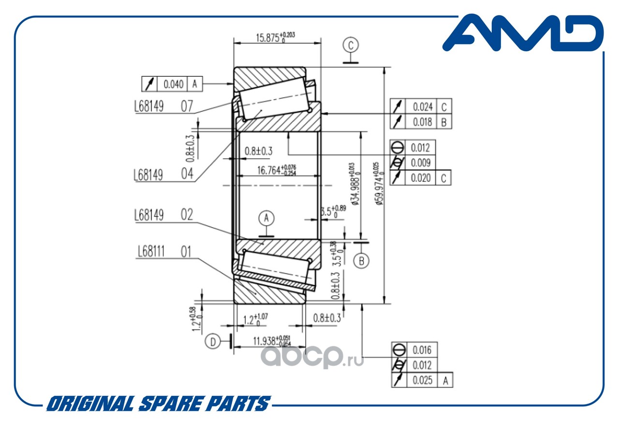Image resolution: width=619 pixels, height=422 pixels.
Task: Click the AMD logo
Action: point(523,34)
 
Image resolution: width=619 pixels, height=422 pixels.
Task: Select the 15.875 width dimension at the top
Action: point(275,37)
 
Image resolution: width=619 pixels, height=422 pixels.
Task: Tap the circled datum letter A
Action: point(266,218)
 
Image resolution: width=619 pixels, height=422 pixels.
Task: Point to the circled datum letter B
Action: point(361,261)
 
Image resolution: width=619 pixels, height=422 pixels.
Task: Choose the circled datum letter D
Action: point(212,341)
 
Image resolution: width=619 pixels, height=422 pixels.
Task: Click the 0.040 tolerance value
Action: point(173,84)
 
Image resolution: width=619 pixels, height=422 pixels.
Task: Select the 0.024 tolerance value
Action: point(422,106)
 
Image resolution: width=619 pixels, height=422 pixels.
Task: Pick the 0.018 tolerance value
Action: point(422,121)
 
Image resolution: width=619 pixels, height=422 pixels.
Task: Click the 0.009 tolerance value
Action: point(420,163)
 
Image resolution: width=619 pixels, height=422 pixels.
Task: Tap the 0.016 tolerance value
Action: point(421,349)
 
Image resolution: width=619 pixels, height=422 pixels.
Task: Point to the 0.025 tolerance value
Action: point(422,380)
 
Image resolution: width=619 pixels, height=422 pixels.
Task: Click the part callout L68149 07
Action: point(163,106)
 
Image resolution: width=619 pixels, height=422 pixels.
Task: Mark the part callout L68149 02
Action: point(163,215)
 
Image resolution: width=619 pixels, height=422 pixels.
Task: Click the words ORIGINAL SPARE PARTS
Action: point(158,404)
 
